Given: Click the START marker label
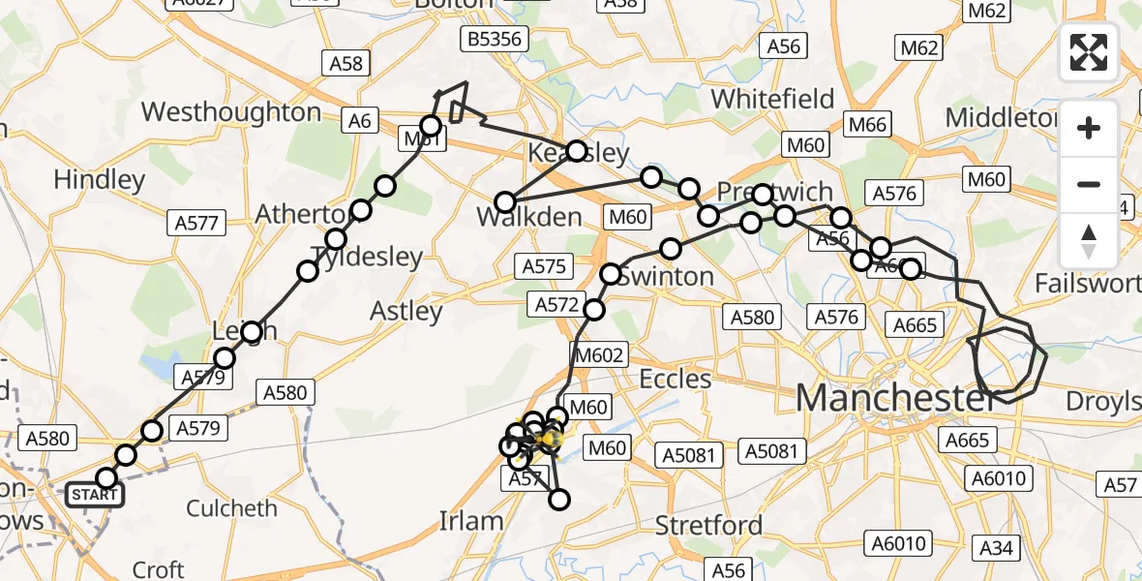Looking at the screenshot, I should click(x=94, y=496).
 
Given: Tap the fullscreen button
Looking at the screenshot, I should click(x=1089, y=52).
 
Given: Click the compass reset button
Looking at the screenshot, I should click(x=1089, y=239).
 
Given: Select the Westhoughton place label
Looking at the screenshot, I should click(x=231, y=112).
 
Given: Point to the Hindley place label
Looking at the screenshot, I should click(x=100, y=179).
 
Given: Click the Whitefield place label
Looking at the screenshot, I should click(x=772, y=99).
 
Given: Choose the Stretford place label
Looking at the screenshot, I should click(x=708, y=526).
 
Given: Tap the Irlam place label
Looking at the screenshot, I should click(x=470, y=521).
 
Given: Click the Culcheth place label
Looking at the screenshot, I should click(x=231, y=508).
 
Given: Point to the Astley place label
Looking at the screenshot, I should click(x=406, y=311).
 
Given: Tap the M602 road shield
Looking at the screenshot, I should click(x=599, y=355).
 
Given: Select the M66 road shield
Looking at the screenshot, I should click(x=867, y=124).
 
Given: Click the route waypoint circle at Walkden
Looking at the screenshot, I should click(x=505, y=202).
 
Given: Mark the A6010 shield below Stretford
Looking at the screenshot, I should click(x=900, y=544).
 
